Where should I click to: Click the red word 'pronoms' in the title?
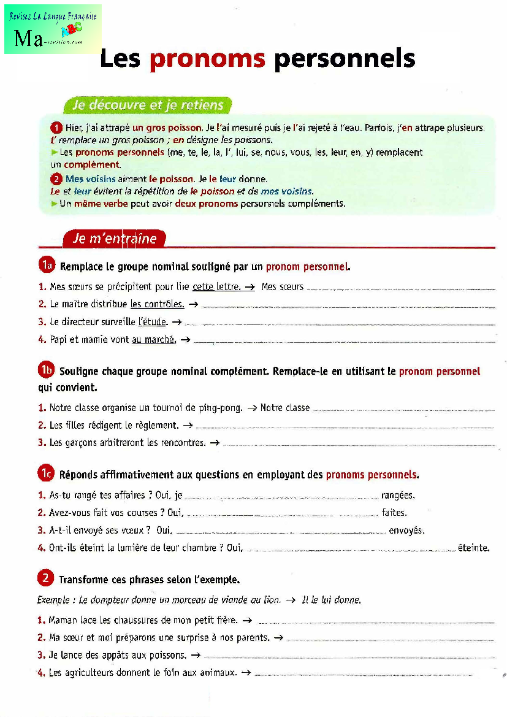coord(207,59)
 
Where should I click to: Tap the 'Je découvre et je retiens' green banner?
coord(147,105)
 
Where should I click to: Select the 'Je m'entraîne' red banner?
coord(115,239)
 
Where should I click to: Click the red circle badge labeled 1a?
coord(47,265)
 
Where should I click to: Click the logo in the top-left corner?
coord(53,29)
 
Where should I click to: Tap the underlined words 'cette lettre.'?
coord(216,286)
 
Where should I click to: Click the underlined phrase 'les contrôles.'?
coord(157,304)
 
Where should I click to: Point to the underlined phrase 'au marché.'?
coord(154,339)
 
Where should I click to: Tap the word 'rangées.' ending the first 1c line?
coord(398,495)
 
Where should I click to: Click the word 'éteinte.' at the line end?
coord(473,548)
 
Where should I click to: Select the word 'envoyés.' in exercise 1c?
coord(406,531)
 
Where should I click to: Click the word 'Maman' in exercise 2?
coord(62,620)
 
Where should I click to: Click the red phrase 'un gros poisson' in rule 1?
coord(167,128)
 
